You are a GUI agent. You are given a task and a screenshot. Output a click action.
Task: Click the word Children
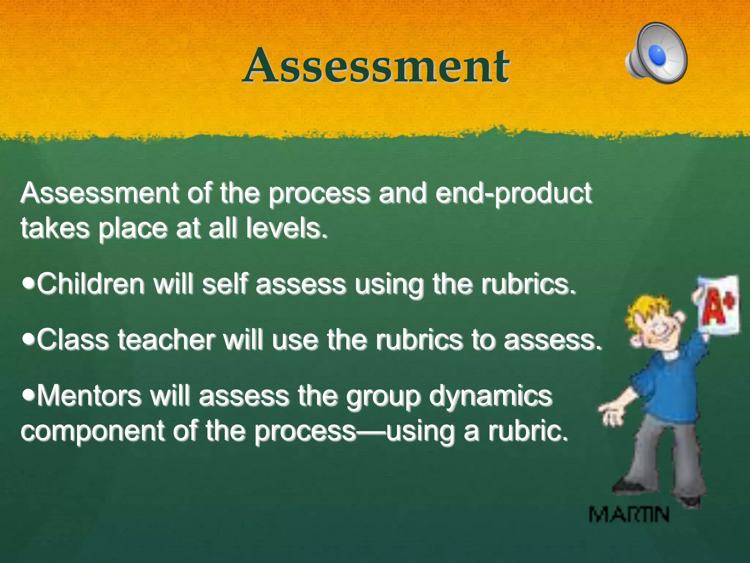[x=91, y=284]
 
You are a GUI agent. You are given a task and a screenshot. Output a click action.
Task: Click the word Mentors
[x=89, y=396]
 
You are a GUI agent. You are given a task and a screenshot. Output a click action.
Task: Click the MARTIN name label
[x=629, y=515]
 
